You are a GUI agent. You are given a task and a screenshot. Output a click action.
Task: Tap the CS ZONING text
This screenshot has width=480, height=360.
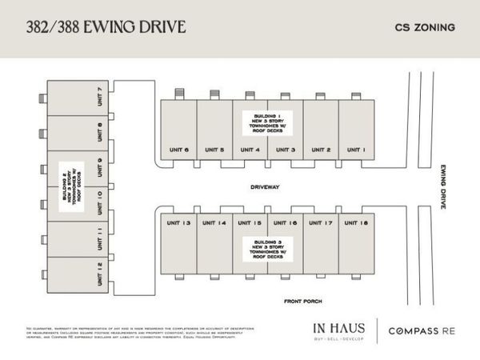(425, 27)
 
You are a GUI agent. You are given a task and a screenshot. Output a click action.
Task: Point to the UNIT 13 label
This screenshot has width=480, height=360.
(178, 223)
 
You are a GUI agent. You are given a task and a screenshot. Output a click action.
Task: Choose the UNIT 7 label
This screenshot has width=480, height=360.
(98, 98)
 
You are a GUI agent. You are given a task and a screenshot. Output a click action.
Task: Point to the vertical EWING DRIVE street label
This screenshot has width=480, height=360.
(441, 185)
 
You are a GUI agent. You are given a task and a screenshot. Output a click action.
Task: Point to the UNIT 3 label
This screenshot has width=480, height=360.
(286, 150)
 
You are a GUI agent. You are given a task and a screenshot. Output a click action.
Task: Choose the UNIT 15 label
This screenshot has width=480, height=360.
(250, 223)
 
